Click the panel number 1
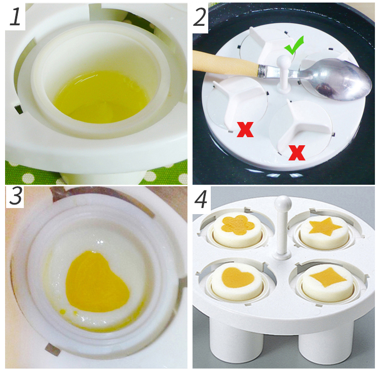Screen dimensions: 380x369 (x=15, y=16)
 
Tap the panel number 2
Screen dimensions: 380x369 (x=200, y=17)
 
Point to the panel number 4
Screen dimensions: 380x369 (x=201, y=199)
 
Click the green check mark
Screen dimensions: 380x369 (x=294, y=46)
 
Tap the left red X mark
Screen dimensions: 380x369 (x=245, y=130)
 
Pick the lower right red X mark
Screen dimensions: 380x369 (x=297, y=152)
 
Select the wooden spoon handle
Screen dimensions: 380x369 (x=226, y=63)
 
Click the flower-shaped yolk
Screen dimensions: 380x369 (x=238, y=225)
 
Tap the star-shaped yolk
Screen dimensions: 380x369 (x=325, y=226)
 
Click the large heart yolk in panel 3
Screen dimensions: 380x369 (x=97, y=281)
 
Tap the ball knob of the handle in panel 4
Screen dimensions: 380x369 (x=283, y=202)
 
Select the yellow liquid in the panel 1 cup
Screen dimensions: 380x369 (x=101, y=97)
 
